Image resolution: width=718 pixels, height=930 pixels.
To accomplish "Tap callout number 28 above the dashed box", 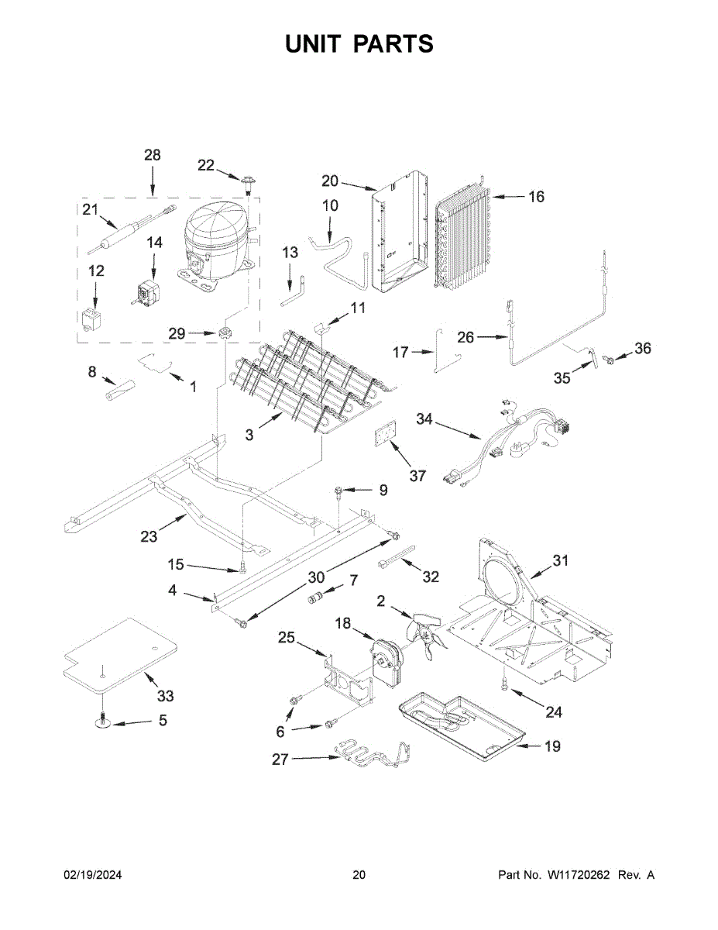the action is [153, 155].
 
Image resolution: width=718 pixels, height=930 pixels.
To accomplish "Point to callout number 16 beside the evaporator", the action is [536, 197].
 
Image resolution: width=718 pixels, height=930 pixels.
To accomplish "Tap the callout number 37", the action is [417, 476].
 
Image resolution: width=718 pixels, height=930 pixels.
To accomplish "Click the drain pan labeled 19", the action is [461, 733].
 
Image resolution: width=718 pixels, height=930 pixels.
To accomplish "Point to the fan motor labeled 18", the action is [385, 663].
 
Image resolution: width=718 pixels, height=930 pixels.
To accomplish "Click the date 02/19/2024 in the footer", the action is [93, 874].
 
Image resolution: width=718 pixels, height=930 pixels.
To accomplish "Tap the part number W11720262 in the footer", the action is [578, 874].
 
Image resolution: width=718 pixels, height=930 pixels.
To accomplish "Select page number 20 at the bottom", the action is [359, 874].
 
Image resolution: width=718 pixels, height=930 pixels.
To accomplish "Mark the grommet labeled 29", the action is [225, 332].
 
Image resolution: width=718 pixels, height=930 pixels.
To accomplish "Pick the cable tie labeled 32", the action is [397, 556].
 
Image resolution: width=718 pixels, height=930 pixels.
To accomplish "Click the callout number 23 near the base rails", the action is [149, 536].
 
